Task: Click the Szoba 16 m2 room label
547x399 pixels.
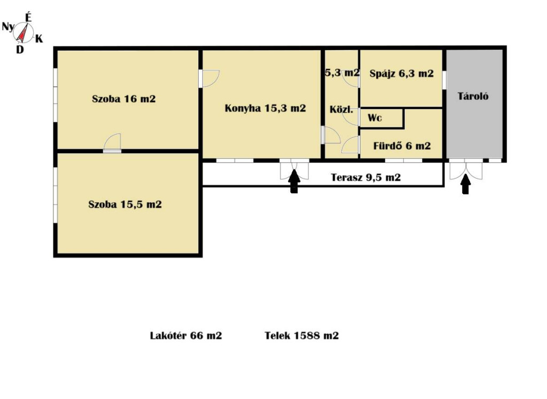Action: coord(124,99)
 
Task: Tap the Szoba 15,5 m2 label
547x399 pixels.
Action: coord(125,204)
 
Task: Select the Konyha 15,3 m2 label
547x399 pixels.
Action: coord(265,108)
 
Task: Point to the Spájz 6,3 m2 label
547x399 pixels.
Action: coord(402,74)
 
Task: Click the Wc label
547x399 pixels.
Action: coord(374,118)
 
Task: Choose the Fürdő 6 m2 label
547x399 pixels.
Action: coord(402,145)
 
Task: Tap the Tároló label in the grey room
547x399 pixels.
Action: coord(473,96)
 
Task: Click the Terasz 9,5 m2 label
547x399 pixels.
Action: coord(365,177)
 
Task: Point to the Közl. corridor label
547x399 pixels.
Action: coord(341,109)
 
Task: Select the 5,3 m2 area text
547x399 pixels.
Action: coord(342,73)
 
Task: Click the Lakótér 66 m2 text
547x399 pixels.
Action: coord(186,335)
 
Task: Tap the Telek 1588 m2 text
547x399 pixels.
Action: coord(301,335)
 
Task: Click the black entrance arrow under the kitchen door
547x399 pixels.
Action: coord(294,182)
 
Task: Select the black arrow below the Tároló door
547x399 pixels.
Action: coord(465,184)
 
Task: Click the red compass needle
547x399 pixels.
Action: coord(22,34)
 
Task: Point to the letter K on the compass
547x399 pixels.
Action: coord(38,38)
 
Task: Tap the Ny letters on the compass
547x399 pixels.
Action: coord(9,27)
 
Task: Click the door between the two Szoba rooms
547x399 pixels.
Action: coord(112,143)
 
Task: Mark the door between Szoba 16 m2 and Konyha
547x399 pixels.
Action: coord(209,79)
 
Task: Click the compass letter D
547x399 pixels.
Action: coord(20,50)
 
